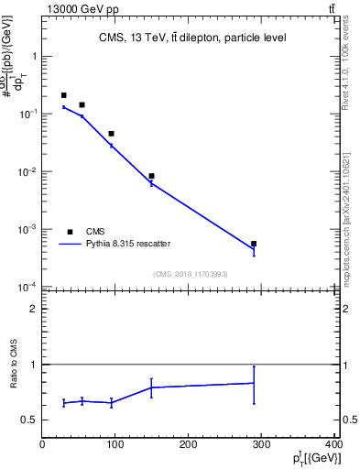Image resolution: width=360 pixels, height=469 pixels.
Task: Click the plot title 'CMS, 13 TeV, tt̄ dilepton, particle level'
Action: coord(192,38)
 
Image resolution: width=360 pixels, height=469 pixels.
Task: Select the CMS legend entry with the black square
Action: coord(71,232)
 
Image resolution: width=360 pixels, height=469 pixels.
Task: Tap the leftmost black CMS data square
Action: coord(63,95)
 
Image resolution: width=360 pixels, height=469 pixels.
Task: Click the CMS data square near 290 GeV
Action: coord(254,244)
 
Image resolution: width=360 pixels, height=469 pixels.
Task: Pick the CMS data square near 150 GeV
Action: coord(151,176)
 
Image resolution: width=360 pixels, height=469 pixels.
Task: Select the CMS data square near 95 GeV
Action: coord(111,134)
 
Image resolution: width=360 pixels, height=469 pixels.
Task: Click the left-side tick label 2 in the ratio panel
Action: coord(34,309)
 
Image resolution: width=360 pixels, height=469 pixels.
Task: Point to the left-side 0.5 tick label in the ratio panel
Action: coord(29,420)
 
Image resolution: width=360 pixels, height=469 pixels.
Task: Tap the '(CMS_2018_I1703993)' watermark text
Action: coord(191,273)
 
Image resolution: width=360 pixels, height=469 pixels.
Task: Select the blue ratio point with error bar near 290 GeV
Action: coord(254,383)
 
